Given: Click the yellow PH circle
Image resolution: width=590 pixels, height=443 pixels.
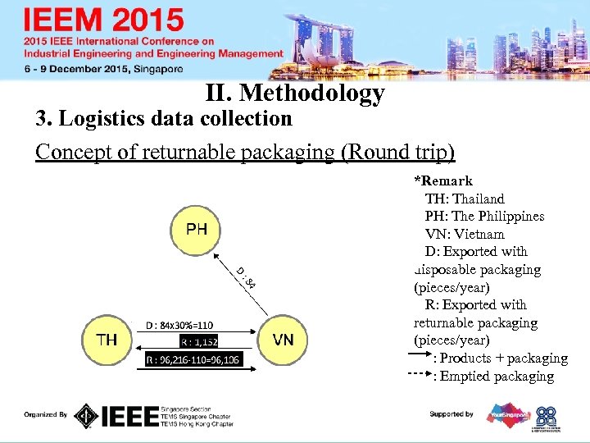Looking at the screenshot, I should (x=197, y=229).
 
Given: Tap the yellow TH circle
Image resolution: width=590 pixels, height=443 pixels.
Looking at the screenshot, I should (x=108, y=340).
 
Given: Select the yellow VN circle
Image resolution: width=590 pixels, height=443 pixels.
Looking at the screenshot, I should (x=284, y=340).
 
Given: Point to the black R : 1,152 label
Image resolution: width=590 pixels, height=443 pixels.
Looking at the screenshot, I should (x=199, y=341).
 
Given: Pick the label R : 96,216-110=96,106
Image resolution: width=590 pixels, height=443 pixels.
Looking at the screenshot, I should (x=193, y=359).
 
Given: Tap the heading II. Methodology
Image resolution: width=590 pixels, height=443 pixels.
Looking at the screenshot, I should (x=295, y=94).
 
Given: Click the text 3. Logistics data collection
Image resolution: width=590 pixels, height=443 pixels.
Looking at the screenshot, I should (x=164, y=119).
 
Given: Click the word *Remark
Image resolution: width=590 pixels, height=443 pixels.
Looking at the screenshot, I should (x=443, y=180).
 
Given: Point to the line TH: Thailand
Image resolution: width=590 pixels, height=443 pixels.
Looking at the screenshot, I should (x=465, y=199).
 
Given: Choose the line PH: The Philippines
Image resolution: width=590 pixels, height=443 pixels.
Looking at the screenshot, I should (x=484, y=217).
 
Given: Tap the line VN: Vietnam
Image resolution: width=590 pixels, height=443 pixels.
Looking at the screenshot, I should (x=465, y=235).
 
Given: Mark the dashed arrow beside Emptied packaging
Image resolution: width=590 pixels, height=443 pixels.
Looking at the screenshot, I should (x=420, y=375).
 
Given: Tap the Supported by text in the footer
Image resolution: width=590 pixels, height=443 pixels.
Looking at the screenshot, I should (x=452, y=414).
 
